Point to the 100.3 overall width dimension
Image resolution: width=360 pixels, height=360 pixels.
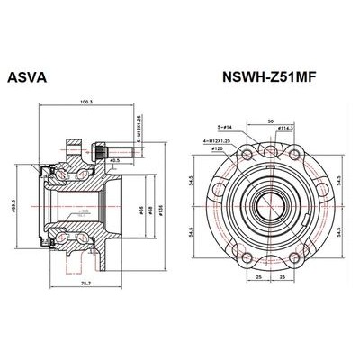[x=86, y=102]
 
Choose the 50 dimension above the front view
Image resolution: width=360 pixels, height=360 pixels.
[x=269, y=120]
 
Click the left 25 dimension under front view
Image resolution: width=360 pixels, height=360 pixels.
[x=258, y=278]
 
